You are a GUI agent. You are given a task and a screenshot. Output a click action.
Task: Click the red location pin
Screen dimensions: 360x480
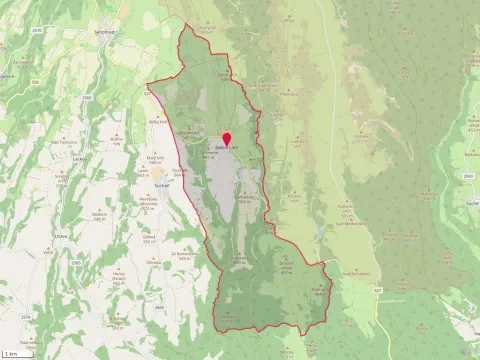tap(226, 139)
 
